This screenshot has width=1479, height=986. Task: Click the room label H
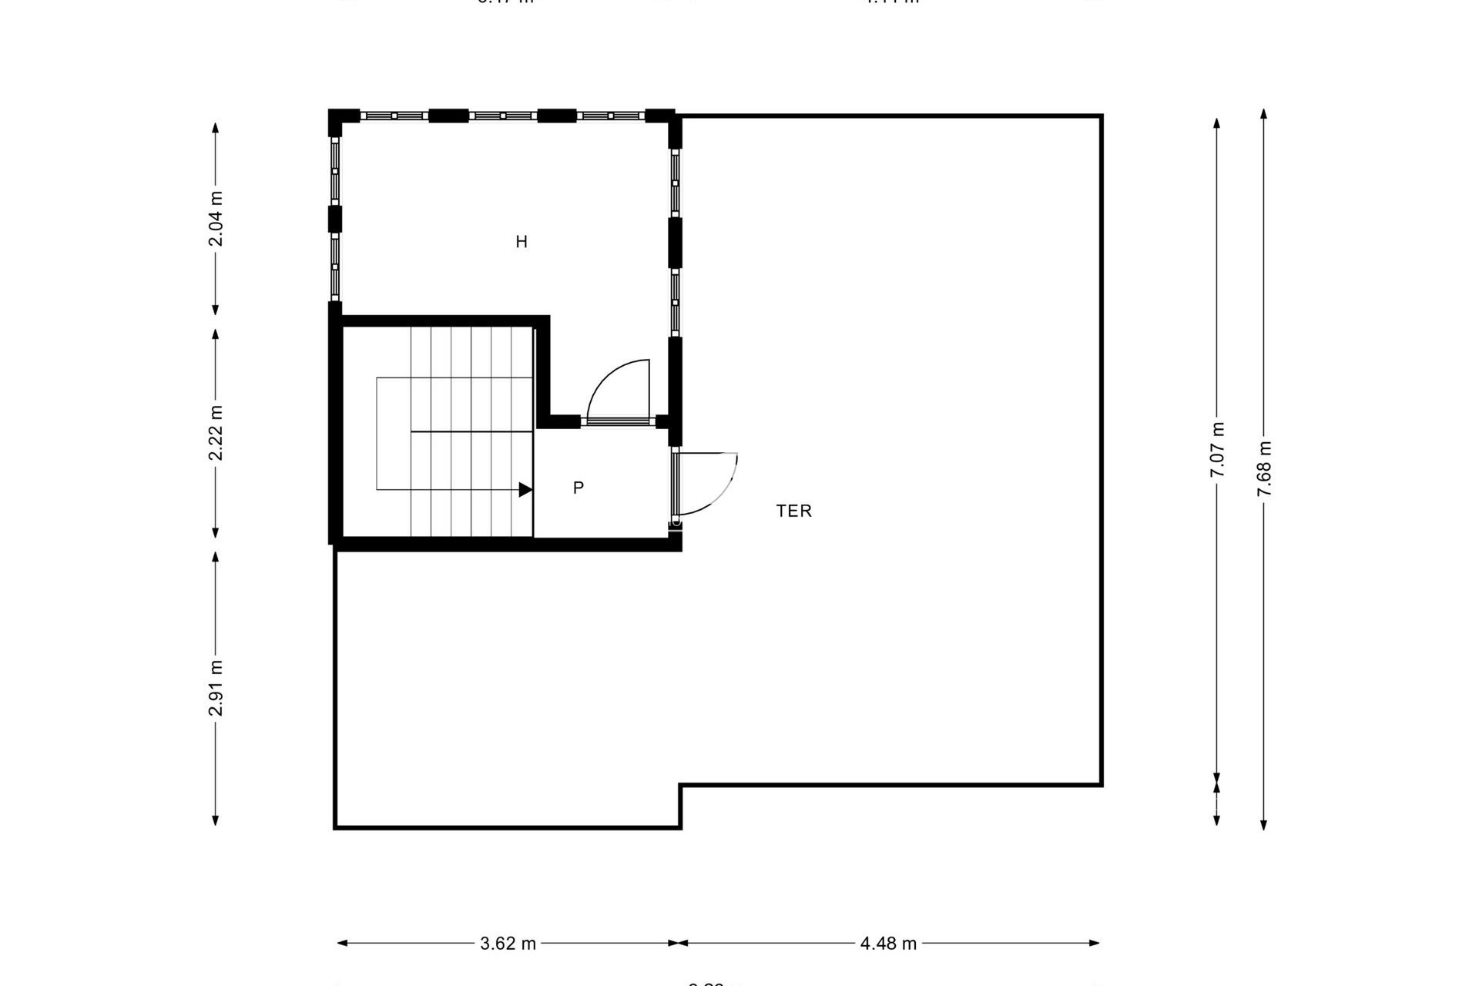coord(522,242)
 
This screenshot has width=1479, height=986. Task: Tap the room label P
coord(579,488)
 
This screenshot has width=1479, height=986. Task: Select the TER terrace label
coord(793,511)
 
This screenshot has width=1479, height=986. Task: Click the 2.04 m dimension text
coord(216,219)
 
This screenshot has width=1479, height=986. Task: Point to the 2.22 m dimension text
coord(216,433)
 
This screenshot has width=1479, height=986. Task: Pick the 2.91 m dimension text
coord(216,688)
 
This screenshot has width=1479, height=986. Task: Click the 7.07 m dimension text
coord(1217,450)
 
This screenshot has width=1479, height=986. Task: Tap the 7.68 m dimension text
coord(1264,469)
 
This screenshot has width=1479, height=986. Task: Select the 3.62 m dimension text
coord(508,943)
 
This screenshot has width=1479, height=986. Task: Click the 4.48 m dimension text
coord(888,943)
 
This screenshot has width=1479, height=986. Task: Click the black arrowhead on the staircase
coord(525,489)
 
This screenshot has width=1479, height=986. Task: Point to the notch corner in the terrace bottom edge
coord(681,786)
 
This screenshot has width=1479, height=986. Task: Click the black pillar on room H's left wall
coord(335,219)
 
